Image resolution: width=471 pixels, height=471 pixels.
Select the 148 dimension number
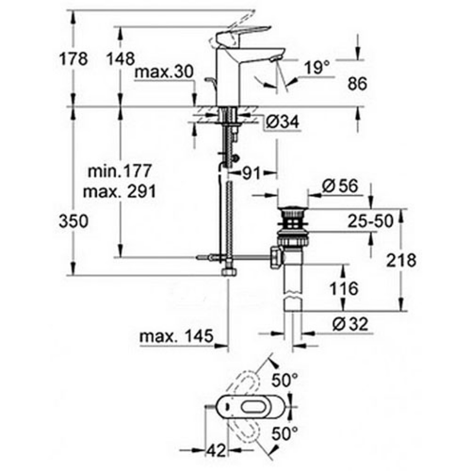coord(120,59)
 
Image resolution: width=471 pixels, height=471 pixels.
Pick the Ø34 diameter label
coord(282,122)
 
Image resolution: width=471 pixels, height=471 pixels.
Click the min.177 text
coord(120,172)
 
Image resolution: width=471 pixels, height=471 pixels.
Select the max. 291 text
coord(120,191)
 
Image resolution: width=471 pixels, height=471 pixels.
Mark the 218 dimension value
coord(401,260)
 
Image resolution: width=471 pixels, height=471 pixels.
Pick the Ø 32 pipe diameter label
coord(350,325)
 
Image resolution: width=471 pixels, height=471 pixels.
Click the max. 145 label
coord(177,337)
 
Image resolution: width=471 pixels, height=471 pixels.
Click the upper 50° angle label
coord(284,380)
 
